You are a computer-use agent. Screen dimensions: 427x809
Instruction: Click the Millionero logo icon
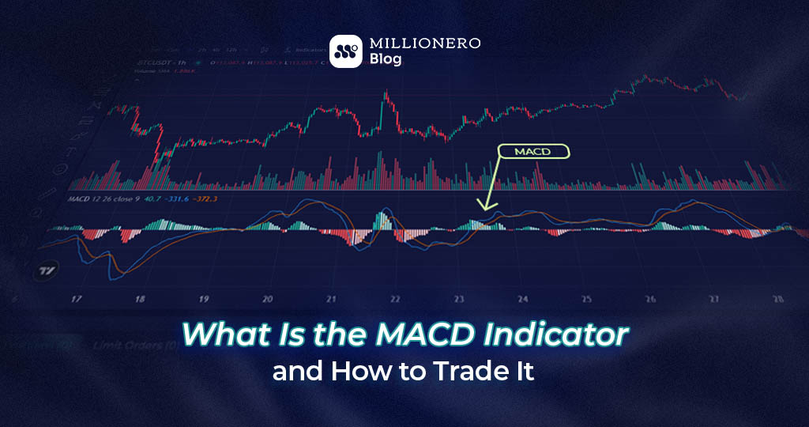[346, 51]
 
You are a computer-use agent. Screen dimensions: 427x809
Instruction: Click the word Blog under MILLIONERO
[386, 60]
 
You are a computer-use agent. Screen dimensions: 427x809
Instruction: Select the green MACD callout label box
[533, 152]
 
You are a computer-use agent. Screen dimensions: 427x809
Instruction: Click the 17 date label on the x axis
[77, 300]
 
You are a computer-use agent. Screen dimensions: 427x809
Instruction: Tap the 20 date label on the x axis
[268, 300]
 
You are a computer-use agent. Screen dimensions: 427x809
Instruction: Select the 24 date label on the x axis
[522, 300]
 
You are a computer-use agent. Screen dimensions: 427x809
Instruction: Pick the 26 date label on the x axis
[649, 300]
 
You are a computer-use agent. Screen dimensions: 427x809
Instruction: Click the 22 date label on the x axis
[395, 300]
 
